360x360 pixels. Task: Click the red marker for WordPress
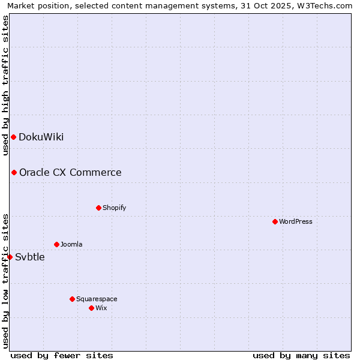click(275, 221)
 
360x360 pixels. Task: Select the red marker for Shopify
click(98, 208)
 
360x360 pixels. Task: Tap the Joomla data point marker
click(56, 244)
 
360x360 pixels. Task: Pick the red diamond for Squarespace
click(72, 299)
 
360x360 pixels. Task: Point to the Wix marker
click(91, 308)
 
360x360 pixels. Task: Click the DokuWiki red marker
click(13, 137)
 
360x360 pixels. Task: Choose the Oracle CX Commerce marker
click(14, 172)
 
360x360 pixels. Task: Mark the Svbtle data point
click(10, 257)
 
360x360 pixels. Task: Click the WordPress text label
click(296, 222)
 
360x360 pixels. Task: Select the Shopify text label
click(114, 208)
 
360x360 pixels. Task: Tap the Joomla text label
click(71, 245)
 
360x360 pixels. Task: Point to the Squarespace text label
click(97, 299)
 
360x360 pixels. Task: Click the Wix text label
click(101, 308)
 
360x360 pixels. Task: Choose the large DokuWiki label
click(41, 137)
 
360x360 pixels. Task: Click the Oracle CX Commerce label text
click(70, 173)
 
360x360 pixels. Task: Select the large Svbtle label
click(30, 257)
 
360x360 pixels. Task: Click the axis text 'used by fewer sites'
click(62, 355)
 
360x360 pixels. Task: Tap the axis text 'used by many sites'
click(301, 355)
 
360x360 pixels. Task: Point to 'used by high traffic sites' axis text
click(5, 85)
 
